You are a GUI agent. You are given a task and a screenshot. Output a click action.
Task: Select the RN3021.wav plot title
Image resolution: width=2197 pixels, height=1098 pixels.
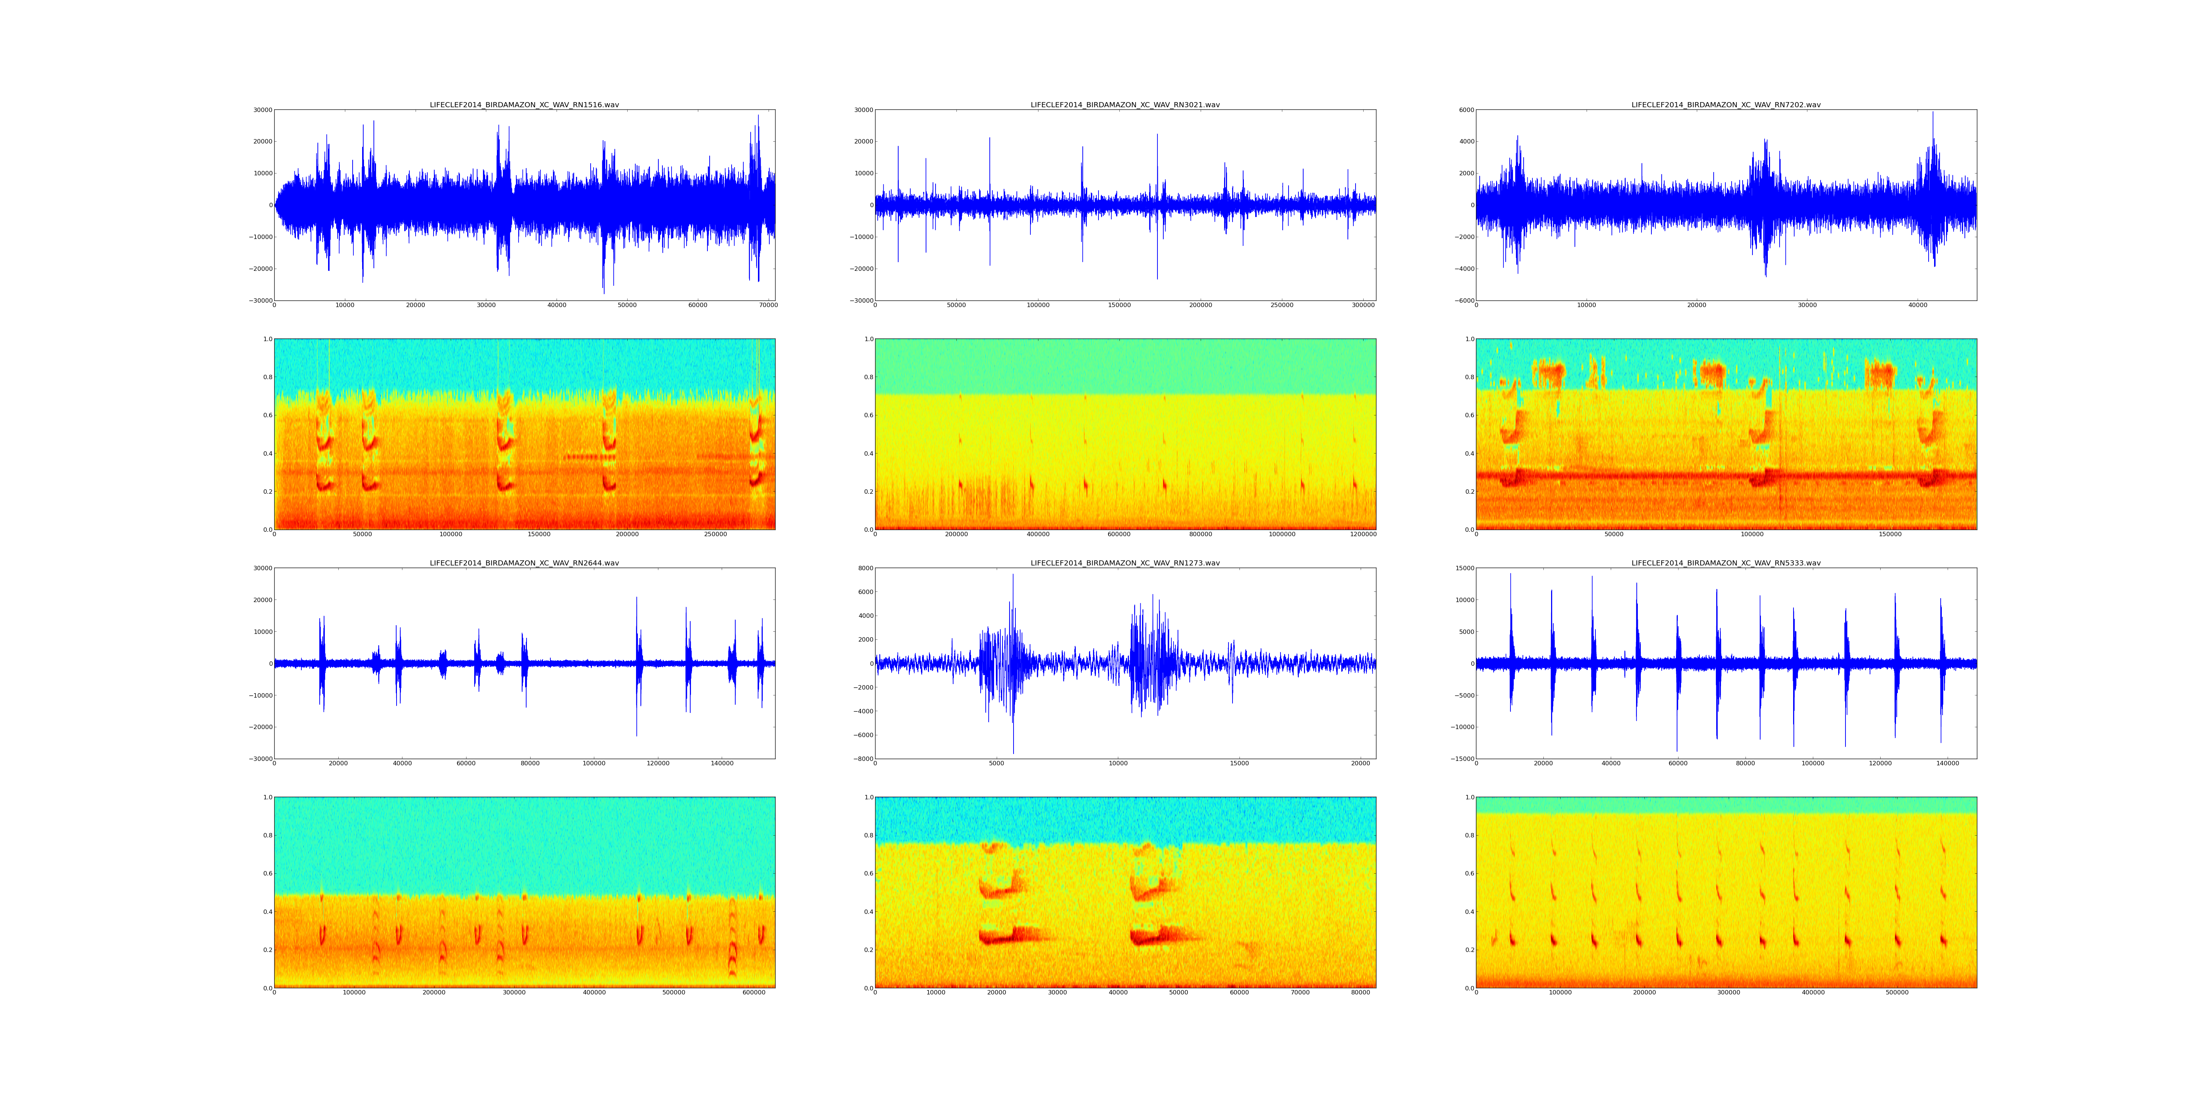[x=1125, y=105]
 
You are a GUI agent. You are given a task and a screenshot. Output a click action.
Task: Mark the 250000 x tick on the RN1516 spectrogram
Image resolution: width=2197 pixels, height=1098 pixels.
[x=715, y=534]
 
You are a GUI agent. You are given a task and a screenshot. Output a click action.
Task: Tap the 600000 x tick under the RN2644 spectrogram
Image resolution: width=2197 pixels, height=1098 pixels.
[x=755, y=992]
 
